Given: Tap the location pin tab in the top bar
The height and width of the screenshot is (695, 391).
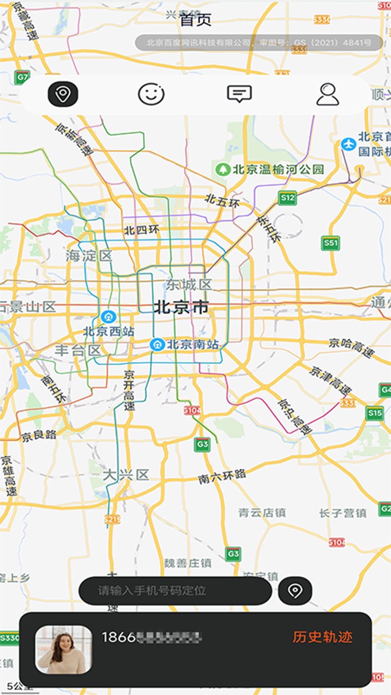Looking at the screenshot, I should tap(63, 94).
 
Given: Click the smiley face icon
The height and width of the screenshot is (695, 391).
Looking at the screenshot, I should tap(151, 94).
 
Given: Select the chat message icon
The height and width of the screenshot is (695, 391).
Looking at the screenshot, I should tap(239, 94).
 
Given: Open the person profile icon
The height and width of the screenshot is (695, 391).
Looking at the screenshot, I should tap(328, 94).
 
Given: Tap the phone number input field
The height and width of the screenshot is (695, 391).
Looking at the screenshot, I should tap(175, 591).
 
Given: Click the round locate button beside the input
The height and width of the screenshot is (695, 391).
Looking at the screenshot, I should tap(295, 591).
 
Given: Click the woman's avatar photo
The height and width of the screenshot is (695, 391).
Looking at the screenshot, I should tap(64, 649).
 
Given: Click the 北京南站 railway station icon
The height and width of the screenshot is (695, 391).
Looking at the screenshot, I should tap(157, 345).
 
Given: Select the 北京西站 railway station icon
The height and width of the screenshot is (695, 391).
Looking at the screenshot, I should tap(108, 317).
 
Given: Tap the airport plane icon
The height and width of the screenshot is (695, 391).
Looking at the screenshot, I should tap(348, 144).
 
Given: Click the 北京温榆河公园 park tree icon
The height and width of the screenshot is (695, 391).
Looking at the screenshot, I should tap(223, 169).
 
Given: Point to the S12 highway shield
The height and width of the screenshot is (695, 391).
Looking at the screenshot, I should tap(288, 198).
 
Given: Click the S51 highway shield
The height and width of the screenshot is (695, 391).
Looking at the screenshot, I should tap(330, 243).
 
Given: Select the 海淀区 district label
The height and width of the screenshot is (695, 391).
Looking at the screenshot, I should tap(89, 256).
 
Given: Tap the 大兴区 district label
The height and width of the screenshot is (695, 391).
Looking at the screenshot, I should tap(126, 475).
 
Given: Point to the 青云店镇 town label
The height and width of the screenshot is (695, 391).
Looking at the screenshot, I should tap(262, 513).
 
